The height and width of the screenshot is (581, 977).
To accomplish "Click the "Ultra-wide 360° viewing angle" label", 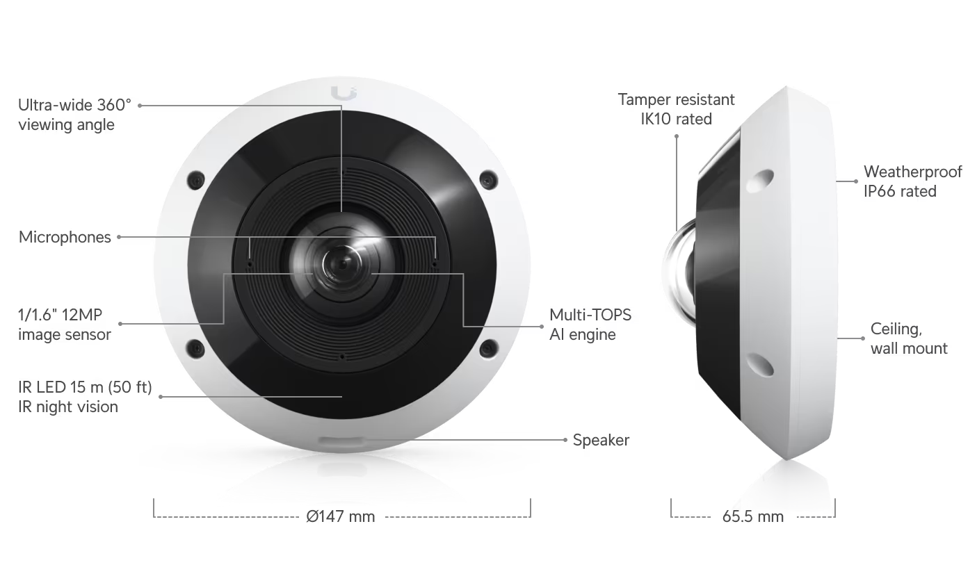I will click(x=74, y=115).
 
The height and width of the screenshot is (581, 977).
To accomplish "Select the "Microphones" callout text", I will click(x=65, y=237).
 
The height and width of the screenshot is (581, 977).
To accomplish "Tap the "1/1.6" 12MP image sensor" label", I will click(x=65, y=325).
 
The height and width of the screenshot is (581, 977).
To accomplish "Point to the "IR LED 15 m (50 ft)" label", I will click(x=85, y=387).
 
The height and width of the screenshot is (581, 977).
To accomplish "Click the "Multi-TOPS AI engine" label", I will click(x=590, y=325).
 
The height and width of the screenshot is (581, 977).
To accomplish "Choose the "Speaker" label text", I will click(x=601, y=440).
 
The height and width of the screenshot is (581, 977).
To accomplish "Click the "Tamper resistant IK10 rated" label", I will click(x=676, y=109).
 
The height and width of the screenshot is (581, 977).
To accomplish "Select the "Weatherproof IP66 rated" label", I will click(x=912, y=181).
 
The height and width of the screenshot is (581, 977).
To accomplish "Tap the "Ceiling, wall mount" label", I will click(x=909, y=338).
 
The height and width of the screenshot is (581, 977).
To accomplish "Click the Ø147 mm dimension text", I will click(x=341, y=516).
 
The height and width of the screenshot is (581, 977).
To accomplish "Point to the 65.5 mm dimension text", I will click(x=752, y=516).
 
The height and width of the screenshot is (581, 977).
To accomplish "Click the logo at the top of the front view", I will click(x=343, y=93).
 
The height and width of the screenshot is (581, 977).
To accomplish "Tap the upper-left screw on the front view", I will click(x=196, y=179).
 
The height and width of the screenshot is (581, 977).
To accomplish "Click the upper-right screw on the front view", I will click(x=489, y=179).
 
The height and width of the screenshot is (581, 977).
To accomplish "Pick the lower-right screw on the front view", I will click(x=489, y=347).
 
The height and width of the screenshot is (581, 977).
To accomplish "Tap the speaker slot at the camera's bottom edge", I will click(x=341, y=442).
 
